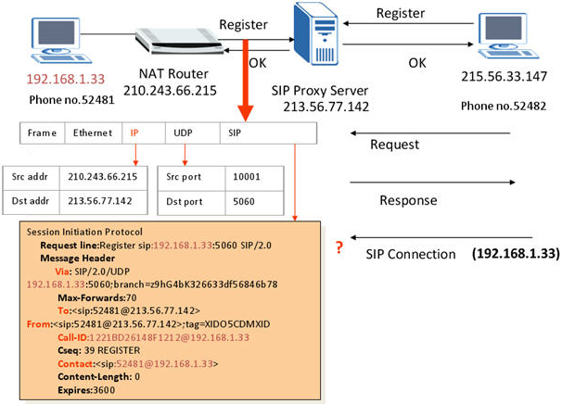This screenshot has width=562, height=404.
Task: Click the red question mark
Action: tap(340, 246)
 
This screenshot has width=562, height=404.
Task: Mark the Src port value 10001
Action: tap(242, 175)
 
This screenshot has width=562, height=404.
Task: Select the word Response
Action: tap(408, 200)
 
